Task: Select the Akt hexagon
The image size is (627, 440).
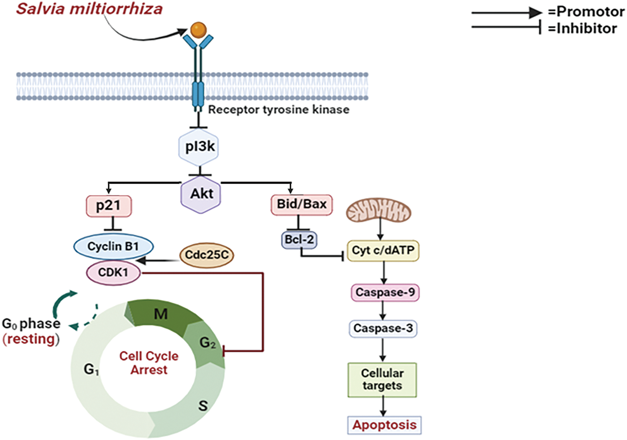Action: (x=201, y=194)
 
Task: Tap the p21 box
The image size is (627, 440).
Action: (x=109, y=206)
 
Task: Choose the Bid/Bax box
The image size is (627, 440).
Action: (x=302, y=204)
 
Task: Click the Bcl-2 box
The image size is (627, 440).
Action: (x=299, y=240)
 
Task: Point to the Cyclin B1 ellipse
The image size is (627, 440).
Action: (x=113, y=246)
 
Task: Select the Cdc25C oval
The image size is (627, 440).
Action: (x=207, y=254)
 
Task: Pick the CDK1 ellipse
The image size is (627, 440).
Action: (x=113, y=273)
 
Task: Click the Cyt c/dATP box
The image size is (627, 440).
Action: (x=383, y=251)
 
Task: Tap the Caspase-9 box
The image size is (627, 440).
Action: (x=385, y=292)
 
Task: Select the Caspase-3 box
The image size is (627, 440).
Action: (x=383, y=329)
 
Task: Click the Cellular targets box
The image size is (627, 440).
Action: (x=382, y=380)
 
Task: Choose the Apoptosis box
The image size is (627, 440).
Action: (x=385, y=425)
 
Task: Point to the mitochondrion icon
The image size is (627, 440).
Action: (x=379, y=210)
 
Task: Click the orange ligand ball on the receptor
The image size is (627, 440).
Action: (x=198, y=30)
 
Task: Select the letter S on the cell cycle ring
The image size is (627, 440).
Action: (x=203, y=405)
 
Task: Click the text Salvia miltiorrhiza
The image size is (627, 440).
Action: (x=89, y=9)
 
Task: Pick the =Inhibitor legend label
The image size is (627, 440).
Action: (x=582, y=28)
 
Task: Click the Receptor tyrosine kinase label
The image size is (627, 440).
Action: (x=278, y=110)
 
